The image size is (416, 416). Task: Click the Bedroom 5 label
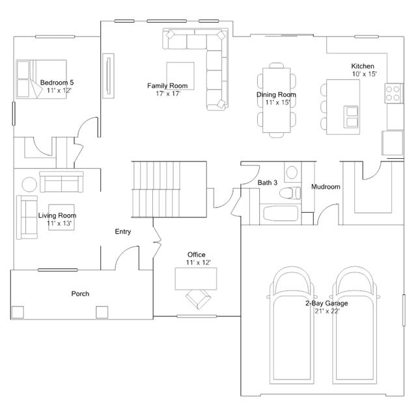(57, 83)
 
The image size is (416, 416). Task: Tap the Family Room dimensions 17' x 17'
(168, 94)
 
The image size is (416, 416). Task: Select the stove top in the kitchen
(394, 93)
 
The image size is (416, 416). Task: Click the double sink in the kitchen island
(352, 117)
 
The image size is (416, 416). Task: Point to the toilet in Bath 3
(290, 193)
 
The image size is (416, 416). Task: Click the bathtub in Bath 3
(281, 214)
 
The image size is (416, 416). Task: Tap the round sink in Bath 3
(292, 173)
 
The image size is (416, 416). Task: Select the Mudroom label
(326, 187)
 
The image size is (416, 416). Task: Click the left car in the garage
(292, 326)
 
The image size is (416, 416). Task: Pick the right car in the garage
(355, 326)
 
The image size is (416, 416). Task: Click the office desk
(196, 279)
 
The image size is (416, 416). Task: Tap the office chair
(198, 299)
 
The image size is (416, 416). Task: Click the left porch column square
(18, 312)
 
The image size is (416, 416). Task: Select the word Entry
(123, 232)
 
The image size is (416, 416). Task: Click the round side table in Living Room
(29, 184)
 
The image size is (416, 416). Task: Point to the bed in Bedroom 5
(42, 79)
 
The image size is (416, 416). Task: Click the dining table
(277, 100)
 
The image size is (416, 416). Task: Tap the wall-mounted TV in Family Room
(108, 76)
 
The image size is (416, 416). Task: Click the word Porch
(80, 294)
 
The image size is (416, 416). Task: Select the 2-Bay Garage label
(327, 303)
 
